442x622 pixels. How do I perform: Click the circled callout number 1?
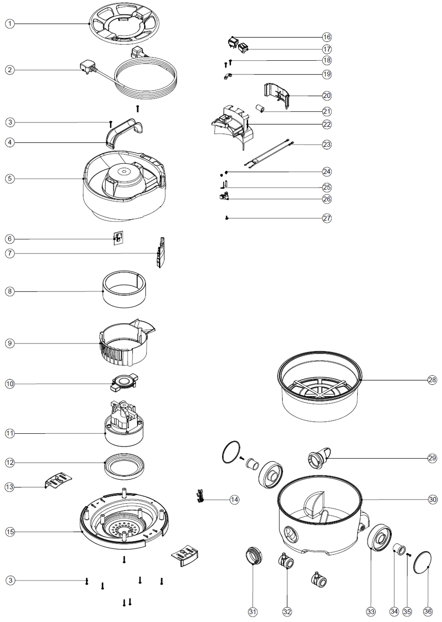[x=10, y=23]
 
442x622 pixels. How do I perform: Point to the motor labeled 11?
[x=123, y=424]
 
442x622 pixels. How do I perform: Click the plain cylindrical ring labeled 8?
[x=124, y=290]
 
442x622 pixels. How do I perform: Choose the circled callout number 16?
[x=326, y=37]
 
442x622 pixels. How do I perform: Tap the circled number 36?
[x=428, y=611]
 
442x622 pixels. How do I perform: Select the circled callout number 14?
[x=234, y=500]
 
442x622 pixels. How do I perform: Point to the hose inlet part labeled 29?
[x=319, y=457]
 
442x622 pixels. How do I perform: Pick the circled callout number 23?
[x=326, y=145]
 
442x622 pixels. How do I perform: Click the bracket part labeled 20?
[x=277, y=95]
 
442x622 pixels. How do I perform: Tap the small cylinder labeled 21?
[x=261, y=109]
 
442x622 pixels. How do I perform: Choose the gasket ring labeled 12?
[x=124, y=465]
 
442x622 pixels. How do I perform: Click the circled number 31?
[x=252, y=611]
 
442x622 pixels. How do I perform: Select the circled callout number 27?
[x=326, y=218]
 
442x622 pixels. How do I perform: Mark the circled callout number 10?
[x=10, y=384]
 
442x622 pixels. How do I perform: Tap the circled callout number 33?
[x=371, y=611]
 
